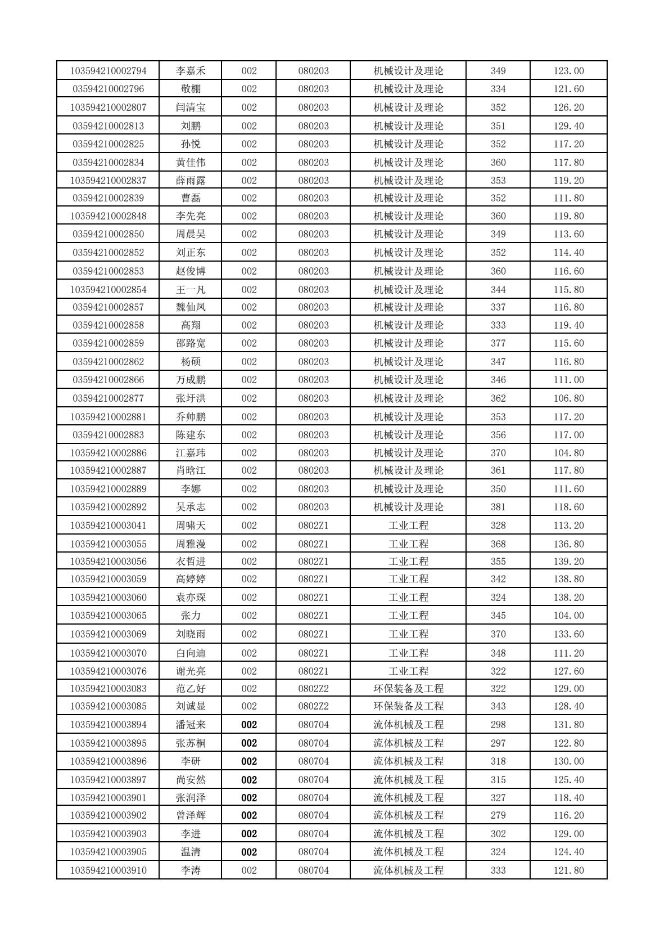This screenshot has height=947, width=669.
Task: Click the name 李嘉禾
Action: pyautogui.click(x=191, y=71)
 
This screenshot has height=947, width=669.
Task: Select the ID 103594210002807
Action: pyautogui.click(x=108, y=107)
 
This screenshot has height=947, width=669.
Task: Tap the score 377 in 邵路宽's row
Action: pyautogui.click(x=498, y=343)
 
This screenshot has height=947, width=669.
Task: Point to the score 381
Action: pyautogui.click(x=498, y=507)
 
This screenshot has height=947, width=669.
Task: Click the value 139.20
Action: pyautogui.click(x=568, y=562)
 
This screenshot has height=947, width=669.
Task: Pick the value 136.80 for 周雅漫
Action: pyautogui.click(x=568, y=544)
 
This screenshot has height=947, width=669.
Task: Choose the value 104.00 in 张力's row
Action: pyautogui.click(x=568, y=616)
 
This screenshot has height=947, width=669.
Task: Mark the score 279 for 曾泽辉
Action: pyautogui.click(x=498, y=815)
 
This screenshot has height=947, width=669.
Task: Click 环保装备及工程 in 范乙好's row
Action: pyautogui.click(x=408, y=689)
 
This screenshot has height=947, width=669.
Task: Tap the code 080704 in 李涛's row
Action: pyautogui.click(x=313, y=870)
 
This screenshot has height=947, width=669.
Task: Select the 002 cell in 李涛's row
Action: pyautogui.click(x=248, y=870)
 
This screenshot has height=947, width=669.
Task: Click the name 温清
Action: pyautogui.click(x=191, y=852)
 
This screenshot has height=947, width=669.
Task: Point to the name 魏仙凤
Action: pyautogui.click(x=191, y=307)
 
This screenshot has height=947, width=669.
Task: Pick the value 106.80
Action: pyautogui.click(x=568, y=398)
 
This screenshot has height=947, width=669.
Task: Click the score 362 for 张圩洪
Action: pyautogui.click(x=498, y=398)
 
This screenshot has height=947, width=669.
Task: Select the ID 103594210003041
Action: pyautogui.click(x=108, y=526)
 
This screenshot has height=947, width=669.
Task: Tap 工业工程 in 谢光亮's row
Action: pyautogui.click(x=408, y=671)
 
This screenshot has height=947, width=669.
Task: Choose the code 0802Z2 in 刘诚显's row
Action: pyautogui.click(x=313, y=706)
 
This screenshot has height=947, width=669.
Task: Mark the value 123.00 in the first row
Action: pyautogui.click(x=568, y=71)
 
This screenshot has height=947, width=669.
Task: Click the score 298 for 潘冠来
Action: pyautogui.click(x=498, y=725)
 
